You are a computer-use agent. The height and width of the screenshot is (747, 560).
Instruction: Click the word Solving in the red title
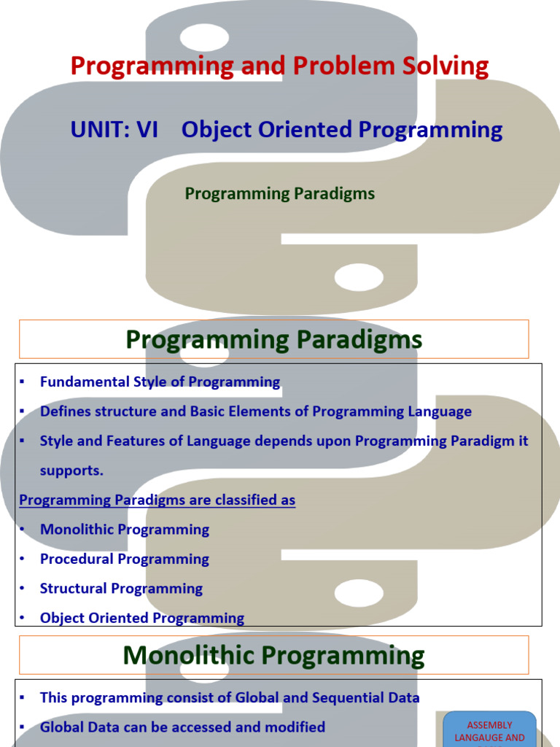445,66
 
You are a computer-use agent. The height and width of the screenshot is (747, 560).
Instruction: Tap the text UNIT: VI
114,130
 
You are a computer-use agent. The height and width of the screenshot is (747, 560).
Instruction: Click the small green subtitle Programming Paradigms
279,194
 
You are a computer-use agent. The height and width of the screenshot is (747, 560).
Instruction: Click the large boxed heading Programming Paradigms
274,340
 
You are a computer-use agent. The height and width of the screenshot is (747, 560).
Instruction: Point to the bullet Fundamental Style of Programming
160,382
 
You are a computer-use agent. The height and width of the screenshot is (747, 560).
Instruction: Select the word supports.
71,471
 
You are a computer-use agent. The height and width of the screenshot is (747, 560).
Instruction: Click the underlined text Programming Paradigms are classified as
157,500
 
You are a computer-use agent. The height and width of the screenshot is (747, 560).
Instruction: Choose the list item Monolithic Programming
125,530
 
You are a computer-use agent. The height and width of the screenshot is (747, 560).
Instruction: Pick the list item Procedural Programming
124,559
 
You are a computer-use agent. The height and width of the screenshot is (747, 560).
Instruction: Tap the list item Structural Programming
122,589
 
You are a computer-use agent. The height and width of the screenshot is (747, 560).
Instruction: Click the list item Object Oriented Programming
142,618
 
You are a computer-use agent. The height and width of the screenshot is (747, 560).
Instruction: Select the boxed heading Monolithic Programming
274,655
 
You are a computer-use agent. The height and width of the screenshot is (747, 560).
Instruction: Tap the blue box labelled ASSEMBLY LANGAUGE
489,729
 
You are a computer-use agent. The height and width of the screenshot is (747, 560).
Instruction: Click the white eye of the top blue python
204,37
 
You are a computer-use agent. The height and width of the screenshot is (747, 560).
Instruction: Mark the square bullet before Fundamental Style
22,382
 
